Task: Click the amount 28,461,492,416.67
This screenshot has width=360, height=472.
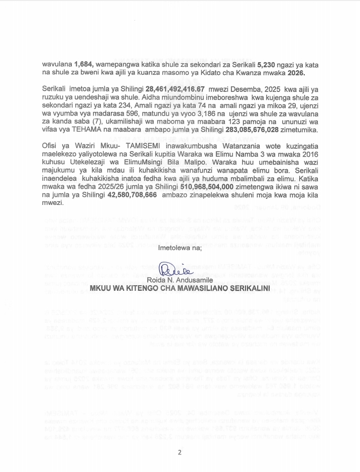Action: (175, 89)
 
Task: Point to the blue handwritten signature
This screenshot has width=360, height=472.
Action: (170, 269)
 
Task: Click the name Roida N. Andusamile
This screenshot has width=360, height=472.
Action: (180, 280)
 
